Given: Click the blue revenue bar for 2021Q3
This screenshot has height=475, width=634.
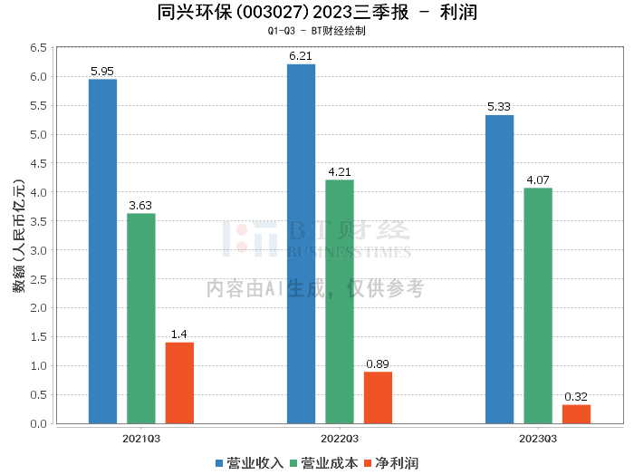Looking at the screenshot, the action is click(102, 251).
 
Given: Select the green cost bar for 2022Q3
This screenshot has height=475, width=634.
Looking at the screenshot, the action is click(340, 302).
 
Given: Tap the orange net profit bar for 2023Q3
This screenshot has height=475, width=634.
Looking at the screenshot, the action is click(576, 414).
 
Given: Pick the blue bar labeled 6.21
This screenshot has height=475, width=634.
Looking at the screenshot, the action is click(302, 244).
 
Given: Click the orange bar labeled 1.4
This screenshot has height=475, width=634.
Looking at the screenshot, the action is click(179, 383).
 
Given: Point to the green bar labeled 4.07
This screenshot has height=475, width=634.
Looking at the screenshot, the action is click(538, 305).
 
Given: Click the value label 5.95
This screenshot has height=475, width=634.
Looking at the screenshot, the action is click(102, 72).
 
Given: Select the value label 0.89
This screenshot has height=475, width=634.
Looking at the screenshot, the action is click(378, 364).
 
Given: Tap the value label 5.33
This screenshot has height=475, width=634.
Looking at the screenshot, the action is click(499, 107).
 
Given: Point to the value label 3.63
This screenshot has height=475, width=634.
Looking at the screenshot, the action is click(140, 206).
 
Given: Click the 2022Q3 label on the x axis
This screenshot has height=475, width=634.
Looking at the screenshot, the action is click(340, 439).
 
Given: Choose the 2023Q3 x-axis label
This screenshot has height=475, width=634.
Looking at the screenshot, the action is click(538, 439).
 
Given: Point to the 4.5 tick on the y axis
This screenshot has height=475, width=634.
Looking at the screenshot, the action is click(38, 163).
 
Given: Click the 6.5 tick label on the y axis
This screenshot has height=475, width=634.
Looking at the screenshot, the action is click(38, 48).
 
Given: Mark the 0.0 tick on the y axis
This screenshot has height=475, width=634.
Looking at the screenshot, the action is click(38, 423).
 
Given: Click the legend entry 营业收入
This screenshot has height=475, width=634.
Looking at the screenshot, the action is click(249, 463).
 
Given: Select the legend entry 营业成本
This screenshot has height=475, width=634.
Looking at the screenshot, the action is click(324, 463).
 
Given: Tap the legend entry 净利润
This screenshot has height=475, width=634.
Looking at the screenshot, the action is click(391, 463).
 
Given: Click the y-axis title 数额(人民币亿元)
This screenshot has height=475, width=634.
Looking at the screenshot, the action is click(19, 236).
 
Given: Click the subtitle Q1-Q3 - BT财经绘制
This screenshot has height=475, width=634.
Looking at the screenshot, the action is click(317, 31).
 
